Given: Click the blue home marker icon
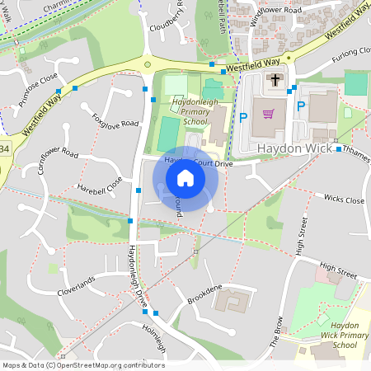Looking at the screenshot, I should pyautogui.click(x=185, y=177).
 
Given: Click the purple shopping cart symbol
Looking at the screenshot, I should pyautogui.click(x=267, y=112).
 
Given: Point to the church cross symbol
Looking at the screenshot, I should pyautogui.click(x=275, y=81).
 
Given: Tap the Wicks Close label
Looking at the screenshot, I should pyautogui.click(x=344, y=200).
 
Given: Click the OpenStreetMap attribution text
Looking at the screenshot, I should pyautogui.click(x=83, y=364).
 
